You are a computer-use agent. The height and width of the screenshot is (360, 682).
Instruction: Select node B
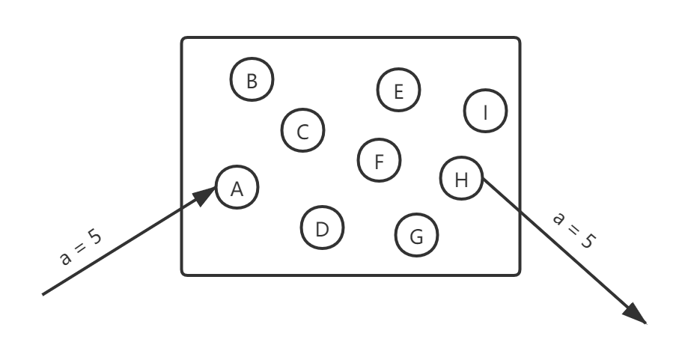coord(252,80)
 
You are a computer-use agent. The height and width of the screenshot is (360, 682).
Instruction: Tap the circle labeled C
coord(303,132)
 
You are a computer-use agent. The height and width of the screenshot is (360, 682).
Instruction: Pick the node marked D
coord(322,228)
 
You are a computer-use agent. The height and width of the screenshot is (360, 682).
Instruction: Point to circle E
coord(398,91)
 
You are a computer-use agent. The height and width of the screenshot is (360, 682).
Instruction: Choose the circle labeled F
coord(379,160)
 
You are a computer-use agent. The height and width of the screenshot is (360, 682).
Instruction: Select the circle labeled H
coord(461,178)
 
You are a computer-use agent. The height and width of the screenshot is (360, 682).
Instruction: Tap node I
coord(486,112)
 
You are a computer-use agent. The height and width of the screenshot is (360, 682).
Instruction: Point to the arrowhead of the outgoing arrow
coord(636,314)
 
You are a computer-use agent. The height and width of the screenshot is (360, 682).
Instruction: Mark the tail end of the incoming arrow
coord(43,293)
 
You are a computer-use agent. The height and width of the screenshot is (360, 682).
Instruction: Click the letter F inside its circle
coord(379,160)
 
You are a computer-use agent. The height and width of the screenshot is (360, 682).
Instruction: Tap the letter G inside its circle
coord(417,236)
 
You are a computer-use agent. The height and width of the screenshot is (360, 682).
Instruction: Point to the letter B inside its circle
coord(252,80)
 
